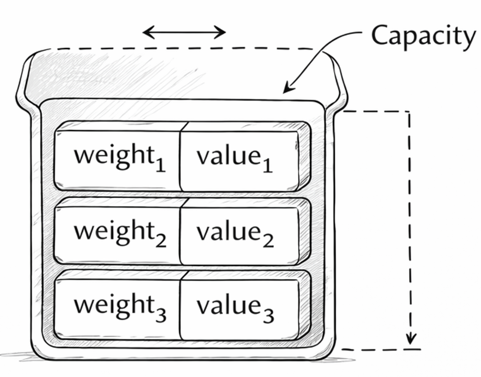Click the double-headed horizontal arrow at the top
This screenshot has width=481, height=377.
184,32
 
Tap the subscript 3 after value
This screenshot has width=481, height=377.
268,315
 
